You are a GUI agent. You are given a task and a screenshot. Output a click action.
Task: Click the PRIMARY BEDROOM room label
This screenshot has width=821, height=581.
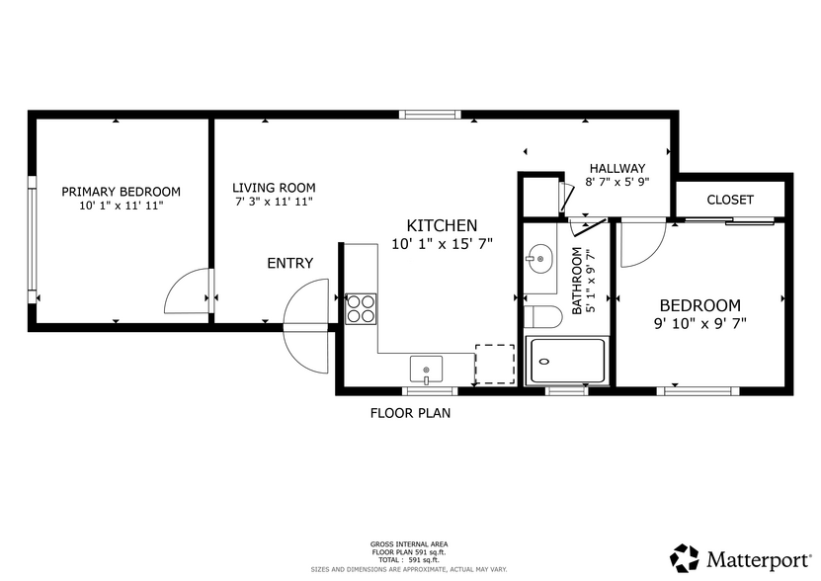[x=121, y=192]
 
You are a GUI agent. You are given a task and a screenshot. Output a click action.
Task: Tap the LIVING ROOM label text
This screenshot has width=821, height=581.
[x=274, y=188]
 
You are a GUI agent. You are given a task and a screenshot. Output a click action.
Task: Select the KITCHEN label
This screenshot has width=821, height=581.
[x=442, y=225]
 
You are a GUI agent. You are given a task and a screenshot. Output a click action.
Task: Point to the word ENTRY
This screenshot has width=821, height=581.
[x=290, y=263]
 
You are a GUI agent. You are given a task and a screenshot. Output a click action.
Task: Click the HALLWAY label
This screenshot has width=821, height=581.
[x=617, y=168]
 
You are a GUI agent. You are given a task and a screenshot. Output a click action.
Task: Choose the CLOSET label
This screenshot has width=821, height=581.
[x=730, y=200]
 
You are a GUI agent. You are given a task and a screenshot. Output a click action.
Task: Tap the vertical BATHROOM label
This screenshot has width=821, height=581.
[x=577, y=281]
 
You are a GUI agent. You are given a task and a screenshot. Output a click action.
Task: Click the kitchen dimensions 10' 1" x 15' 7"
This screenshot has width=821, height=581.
[x=443, y=244]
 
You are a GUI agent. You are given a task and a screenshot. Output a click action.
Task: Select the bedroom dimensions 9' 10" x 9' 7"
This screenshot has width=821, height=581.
[x=700, y=323]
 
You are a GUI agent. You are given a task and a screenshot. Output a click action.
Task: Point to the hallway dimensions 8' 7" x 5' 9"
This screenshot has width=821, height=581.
[x=617, y=182]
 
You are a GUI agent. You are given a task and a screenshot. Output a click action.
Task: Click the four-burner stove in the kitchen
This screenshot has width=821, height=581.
[x=361, y=309]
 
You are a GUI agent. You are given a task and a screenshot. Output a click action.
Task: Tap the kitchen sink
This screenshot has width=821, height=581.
[x=426, y=370]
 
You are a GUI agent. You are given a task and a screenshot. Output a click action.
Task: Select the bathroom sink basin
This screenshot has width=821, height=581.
[x=539, y=259]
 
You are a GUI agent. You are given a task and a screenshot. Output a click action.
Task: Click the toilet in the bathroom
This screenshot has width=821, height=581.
[x=543, y=317]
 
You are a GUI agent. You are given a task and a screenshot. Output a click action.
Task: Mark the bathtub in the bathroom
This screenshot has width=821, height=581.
[x=567, y=361]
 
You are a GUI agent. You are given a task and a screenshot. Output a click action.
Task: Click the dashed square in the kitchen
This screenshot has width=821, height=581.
[x=495, y=364]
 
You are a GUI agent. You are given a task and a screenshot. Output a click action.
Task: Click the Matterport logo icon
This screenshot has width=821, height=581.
[x=685, y=558]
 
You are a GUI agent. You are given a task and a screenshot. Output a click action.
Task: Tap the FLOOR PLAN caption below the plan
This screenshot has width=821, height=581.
[x=411, y=413]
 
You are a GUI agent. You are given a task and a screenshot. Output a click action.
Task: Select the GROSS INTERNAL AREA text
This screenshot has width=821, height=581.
[x=409, y=544]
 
